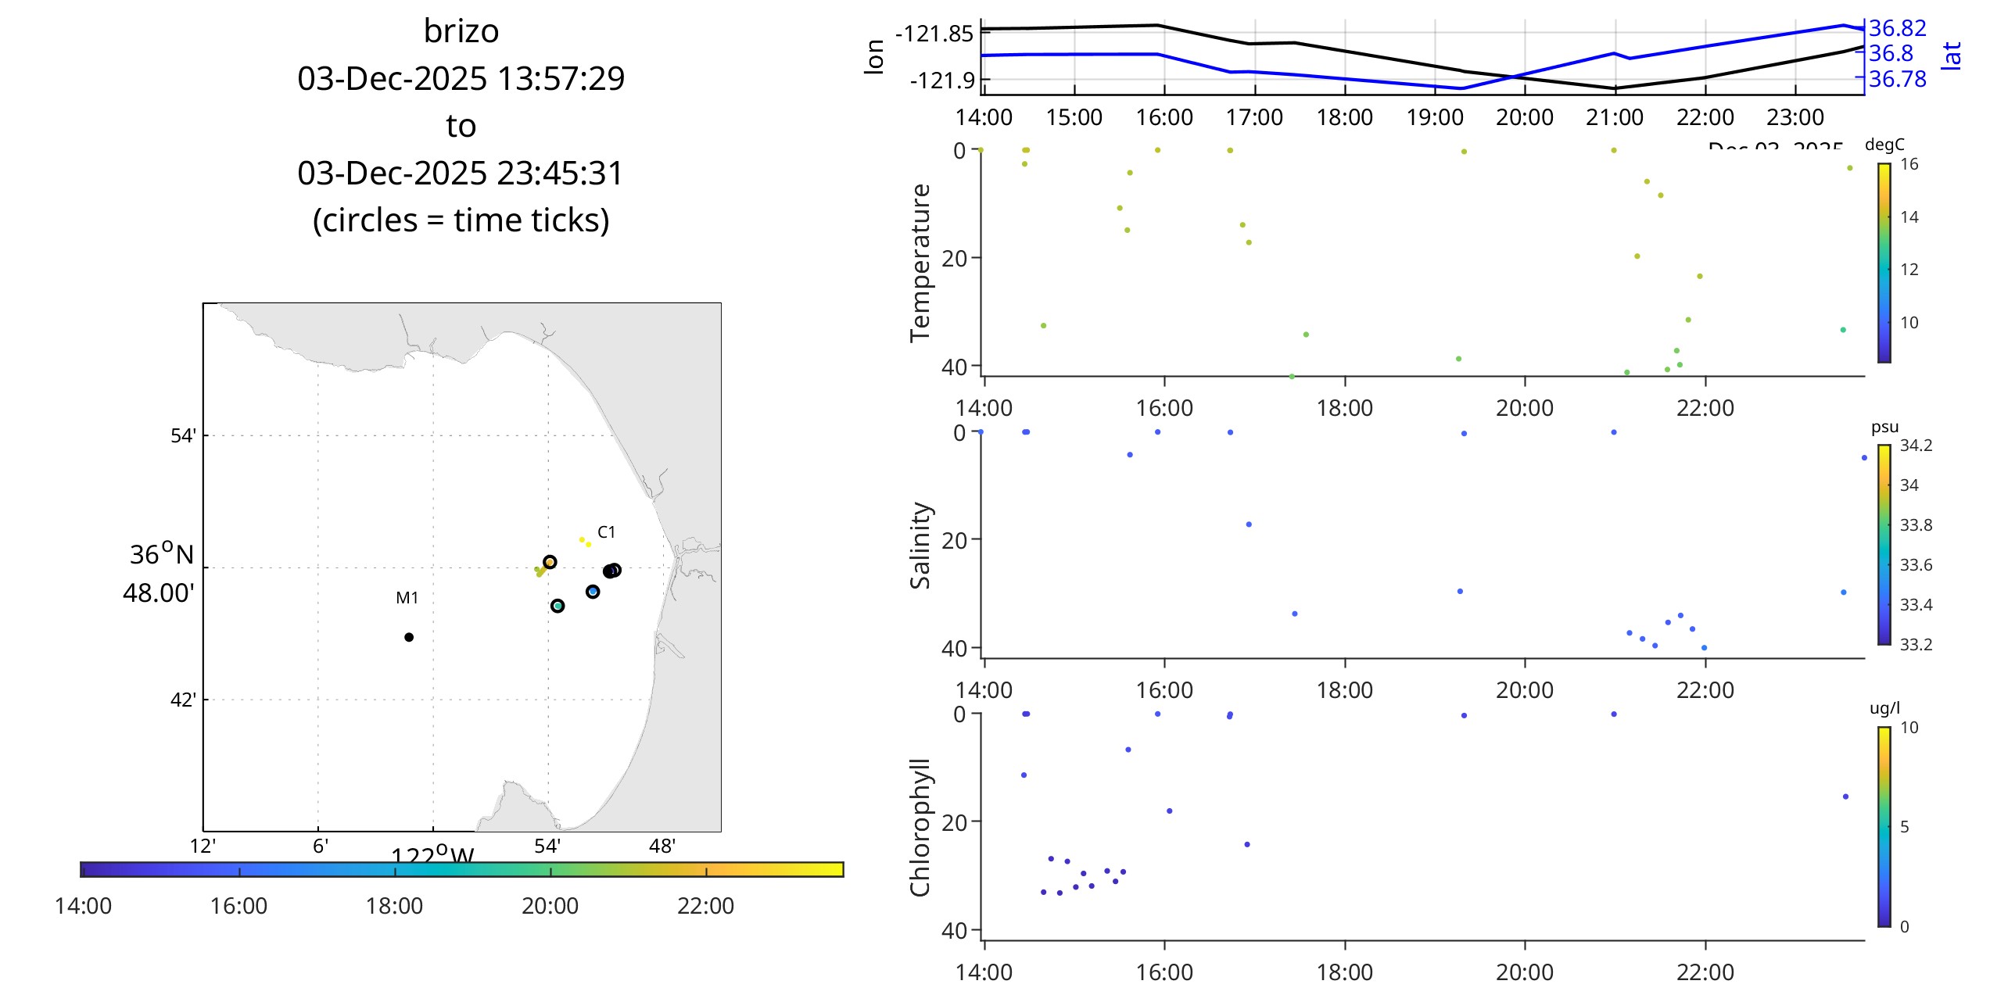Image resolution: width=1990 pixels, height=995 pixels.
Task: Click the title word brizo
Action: pos(461,31)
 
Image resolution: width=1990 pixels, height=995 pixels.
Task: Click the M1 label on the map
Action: pos(407,598)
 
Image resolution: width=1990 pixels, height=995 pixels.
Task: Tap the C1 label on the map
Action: pos(606,532)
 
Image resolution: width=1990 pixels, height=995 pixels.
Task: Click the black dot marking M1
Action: pos(409,637)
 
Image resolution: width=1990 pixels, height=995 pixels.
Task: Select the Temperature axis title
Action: pos(920,263)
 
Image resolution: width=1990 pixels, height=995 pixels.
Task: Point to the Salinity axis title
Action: pos(920,545)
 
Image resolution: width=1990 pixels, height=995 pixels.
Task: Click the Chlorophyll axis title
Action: pos(920,827)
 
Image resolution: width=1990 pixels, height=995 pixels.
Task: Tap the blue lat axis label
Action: pos(1952,56)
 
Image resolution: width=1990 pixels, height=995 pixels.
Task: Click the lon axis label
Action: pos(874,57)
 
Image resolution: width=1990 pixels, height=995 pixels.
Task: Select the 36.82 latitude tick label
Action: pos(1898,29)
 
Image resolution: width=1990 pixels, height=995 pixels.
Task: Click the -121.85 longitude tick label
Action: pos(934,34)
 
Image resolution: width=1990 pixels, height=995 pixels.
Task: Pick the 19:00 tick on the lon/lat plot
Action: pos(1435,117)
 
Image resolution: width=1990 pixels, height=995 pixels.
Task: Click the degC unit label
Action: pos(1884,145)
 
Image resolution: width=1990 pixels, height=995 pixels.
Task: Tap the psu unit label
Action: pos(1884,427)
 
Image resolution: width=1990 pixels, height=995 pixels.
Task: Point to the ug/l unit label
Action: pos(1884,708)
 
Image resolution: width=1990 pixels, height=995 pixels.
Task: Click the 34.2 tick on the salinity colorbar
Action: pos(1916,446)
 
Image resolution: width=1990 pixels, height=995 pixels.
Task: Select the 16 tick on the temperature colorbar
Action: pos(1909,164)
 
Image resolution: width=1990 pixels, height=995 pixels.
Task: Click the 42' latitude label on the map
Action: pos(183,700)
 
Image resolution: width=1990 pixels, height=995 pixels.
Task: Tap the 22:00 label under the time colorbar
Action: pos(705,906)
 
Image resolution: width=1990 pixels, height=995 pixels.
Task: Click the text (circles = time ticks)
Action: pos(461,220)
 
